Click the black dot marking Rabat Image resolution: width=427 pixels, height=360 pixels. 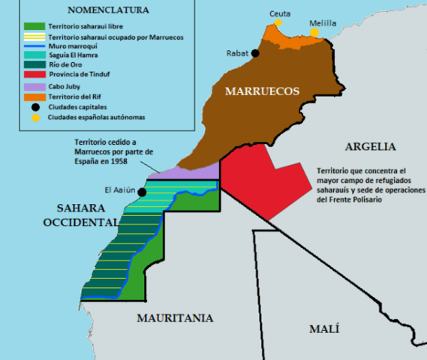(x=256, y=53)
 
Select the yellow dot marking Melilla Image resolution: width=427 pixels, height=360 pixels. (x=314, y=33)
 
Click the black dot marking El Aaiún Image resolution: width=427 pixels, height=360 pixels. (x=141, y=192)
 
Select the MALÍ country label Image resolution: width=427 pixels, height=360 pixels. (x=324, y=328)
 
